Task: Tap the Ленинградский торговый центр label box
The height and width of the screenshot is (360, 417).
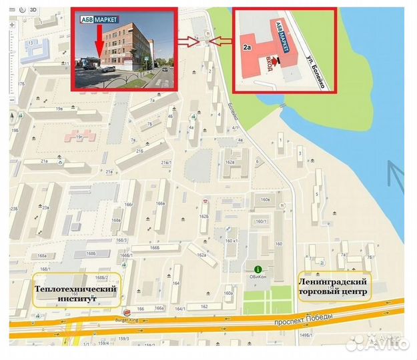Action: coord(333,287)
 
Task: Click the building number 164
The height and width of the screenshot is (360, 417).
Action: coord(176,283)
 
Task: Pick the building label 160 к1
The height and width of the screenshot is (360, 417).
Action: coord(232,241)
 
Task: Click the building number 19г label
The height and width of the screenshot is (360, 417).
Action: coord(80,137)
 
